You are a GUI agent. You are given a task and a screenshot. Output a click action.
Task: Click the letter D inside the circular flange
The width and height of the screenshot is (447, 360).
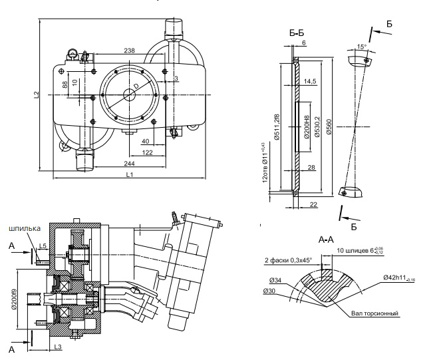(x=136, y=87)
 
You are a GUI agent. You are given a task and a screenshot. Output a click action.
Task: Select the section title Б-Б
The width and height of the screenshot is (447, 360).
(x=298, y=32)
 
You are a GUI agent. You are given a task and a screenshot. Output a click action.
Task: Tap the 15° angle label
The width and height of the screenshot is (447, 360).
(x=361, y=48)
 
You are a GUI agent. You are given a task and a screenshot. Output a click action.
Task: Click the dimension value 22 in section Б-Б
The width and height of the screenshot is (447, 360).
(x=313, y=204)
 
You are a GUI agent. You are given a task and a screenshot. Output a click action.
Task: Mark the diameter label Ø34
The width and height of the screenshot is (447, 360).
(x=271, y=282)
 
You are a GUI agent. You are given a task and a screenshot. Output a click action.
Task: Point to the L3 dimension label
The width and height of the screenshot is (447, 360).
(x=58, y=347)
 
